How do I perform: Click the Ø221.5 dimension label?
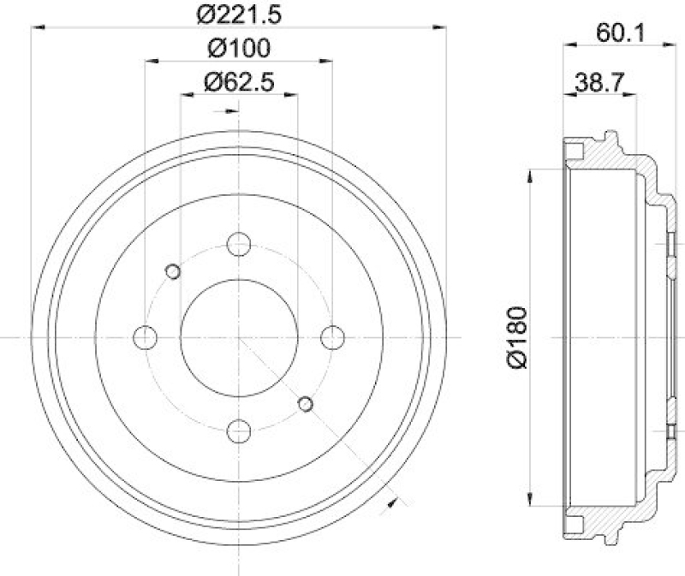click(x=239, y=13)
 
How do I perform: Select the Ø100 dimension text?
click(x=239, y=47)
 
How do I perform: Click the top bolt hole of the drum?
click(x=239, y=244)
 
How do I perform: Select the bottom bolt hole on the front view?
click(x=239, y=431)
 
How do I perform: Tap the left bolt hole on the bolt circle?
click(x=146, y=337)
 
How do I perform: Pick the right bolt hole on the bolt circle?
click(x=332, y=337)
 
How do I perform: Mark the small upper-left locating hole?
click(x=172, y=272)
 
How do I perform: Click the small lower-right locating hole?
click(x=306, y=404)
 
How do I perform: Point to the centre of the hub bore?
click(x=239, y=337)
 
